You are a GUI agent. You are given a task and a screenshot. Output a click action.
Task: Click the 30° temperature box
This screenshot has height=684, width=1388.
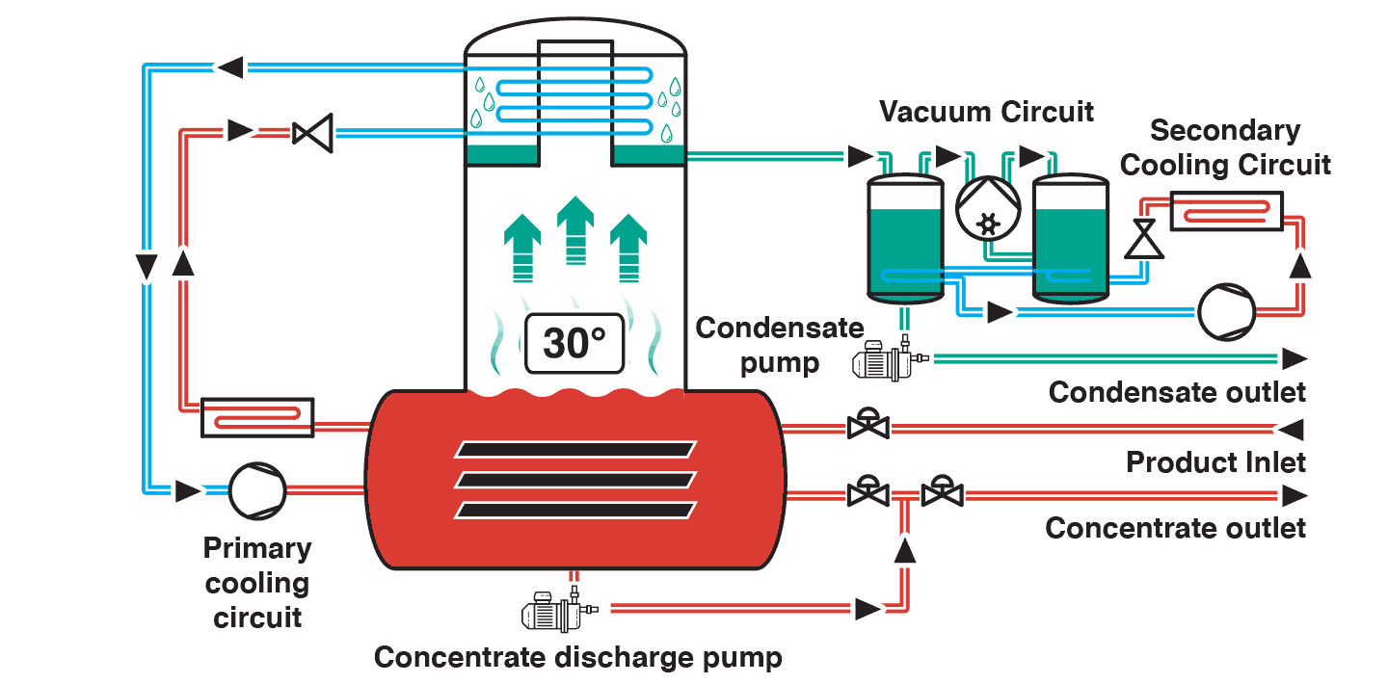coord(574,343)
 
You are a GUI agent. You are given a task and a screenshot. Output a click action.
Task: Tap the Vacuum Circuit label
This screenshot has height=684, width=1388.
coord(986,112)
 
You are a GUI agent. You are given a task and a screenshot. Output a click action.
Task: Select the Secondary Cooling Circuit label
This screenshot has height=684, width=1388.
coord(1225,147)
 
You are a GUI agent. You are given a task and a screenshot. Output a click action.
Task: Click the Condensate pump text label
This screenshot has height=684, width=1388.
coord(780,345)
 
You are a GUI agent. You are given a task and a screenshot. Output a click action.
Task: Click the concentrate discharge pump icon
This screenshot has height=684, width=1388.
coord(559,610)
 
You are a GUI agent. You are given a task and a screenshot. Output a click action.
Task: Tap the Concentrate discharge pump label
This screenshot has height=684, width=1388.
coord(578,657)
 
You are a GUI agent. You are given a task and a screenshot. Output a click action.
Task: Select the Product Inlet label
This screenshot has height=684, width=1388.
coord(1215,462)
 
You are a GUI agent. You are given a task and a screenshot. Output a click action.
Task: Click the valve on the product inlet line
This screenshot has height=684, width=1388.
coord(868,425)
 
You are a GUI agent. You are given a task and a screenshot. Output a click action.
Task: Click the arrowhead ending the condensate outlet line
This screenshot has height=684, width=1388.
coord(1295,358)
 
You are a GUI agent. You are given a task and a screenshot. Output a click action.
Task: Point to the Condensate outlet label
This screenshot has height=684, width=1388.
coord(1177,392)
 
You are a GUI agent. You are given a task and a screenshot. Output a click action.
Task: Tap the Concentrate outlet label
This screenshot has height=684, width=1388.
coord(1175,528)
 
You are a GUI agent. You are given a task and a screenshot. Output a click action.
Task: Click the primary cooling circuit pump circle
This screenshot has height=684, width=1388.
coord(257,490)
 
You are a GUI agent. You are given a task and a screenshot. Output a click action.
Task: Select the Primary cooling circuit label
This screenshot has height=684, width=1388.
coord(257,583)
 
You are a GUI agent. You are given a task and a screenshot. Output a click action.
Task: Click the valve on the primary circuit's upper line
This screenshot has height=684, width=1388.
coord(312,133)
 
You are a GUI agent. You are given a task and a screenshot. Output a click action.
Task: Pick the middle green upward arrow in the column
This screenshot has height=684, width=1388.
coord(575,230)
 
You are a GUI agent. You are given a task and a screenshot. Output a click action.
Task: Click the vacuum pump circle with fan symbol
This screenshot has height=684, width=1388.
coord(988,209)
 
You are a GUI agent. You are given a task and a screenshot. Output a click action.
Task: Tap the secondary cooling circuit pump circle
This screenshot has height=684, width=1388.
coord(1226,312)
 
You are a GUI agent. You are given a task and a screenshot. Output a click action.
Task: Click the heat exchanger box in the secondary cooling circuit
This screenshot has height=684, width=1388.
coord(1226,211)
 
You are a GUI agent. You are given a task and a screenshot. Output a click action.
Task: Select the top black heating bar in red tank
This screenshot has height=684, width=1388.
coord(575,449)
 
